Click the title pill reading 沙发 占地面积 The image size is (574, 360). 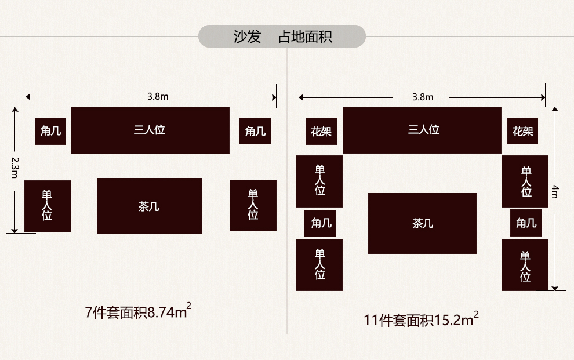point(282,36)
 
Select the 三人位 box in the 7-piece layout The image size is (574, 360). point(150,130)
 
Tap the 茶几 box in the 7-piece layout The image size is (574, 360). point(150,206)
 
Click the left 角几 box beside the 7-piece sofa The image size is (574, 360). point(50,132)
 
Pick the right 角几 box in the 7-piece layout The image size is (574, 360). point(255,132)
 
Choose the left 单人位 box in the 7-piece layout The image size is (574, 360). point(48,206)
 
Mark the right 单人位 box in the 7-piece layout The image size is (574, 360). point(253,205)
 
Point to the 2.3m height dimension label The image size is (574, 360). point(15,169)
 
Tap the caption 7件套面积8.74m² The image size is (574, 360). point(138,313)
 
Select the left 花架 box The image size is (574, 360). point(321,132)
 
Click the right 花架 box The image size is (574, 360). point(522,132)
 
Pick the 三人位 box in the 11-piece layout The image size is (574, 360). point(422,130)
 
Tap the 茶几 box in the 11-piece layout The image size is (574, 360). point(422,223)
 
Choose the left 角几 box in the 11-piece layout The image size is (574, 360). point(320,223)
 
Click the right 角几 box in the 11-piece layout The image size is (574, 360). point(525,223)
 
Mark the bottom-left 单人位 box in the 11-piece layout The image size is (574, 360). point(319,264)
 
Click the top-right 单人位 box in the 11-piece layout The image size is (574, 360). point(525,181)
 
